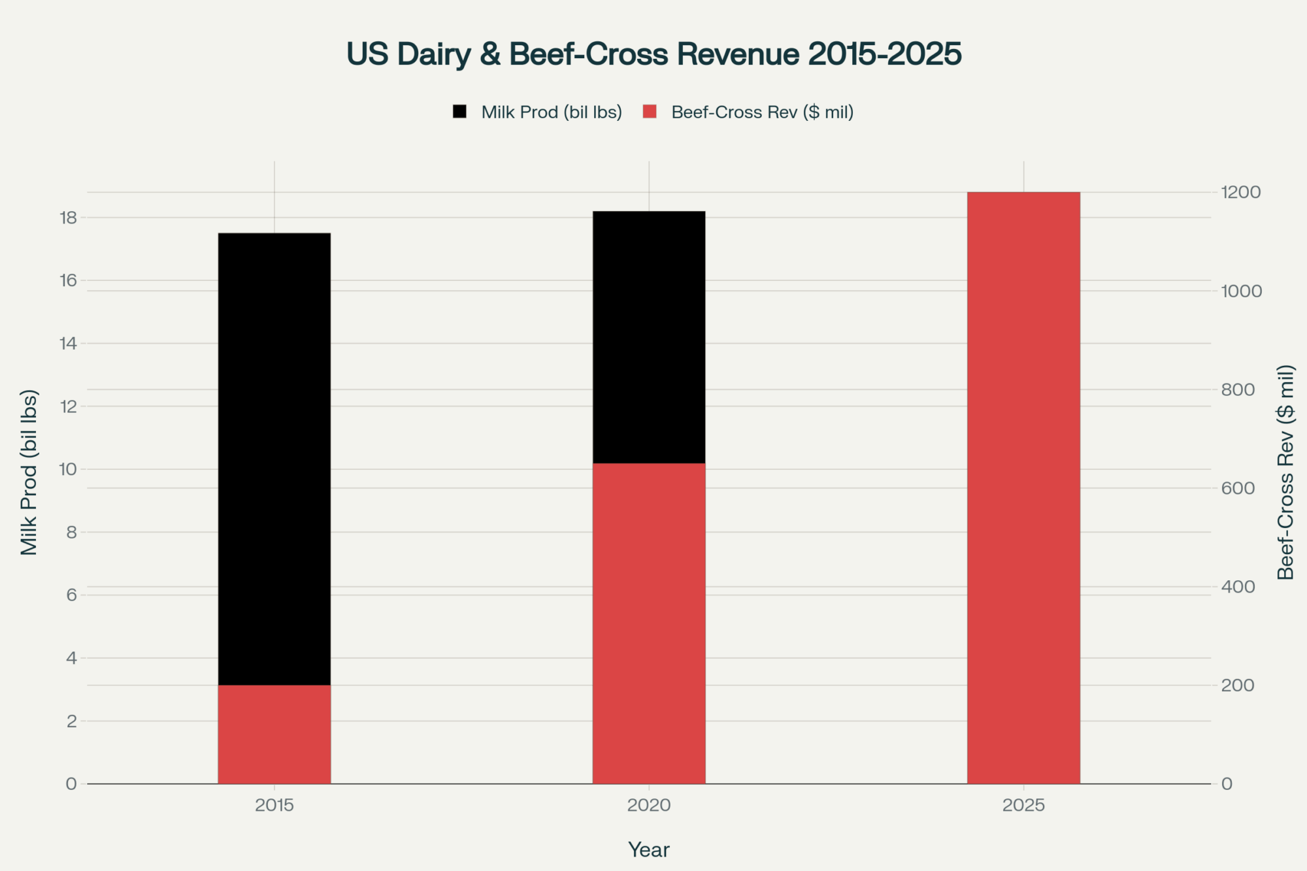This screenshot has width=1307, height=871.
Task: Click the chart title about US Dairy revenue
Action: [653, 54]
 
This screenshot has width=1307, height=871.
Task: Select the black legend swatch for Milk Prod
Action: [460, 112]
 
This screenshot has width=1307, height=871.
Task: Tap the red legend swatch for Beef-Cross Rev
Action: [650, 112]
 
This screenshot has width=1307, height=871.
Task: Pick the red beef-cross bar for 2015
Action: [274, 734]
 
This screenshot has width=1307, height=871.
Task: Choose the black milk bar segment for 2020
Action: [649, 337]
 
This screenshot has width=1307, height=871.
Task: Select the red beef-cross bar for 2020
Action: [649, 623]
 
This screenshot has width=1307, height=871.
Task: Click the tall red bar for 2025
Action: [1023, 487]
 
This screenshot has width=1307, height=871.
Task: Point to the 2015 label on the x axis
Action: [274, 805]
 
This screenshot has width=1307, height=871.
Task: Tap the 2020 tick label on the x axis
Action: [649, 805]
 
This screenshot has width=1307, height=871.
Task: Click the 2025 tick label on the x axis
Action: [1023, 805]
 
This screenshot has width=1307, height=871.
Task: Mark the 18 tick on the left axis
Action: [68, 218]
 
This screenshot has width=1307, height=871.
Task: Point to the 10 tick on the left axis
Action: [68, 469]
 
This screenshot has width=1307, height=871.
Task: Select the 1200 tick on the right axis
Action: [1241, 192]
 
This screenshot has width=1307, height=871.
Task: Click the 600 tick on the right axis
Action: [1238, 488]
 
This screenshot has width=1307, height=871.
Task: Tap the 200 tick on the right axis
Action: [1238, 685]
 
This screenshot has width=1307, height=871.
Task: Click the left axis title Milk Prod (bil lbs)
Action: [29, 472]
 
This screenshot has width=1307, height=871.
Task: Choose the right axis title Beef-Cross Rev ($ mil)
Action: [1285, 472]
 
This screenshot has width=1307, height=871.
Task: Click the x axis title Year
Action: [649, 849]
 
